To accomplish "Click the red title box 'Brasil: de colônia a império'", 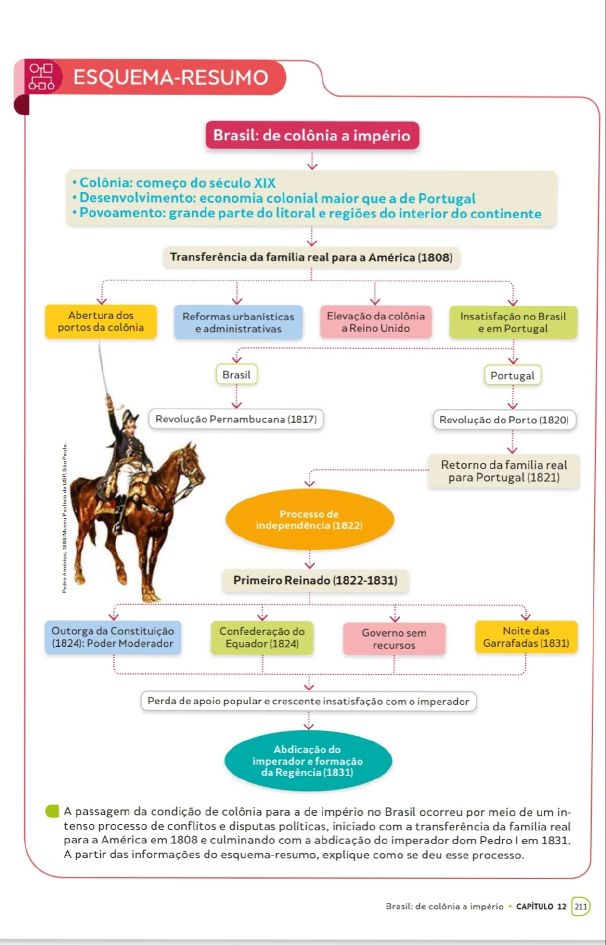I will (x=312, y=136).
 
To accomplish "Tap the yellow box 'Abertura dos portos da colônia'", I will (x=101, y=321).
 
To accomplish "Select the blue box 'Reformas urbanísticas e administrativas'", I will (x=238, y=323).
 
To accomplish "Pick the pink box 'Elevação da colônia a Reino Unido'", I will (x=376, y=322).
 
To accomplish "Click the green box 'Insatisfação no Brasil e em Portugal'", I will (x=513, y=323).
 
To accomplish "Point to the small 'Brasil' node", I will (x=236, y=375).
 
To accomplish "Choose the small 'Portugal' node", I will (x=512, y=375).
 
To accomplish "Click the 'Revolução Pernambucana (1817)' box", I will (x=236, y=419).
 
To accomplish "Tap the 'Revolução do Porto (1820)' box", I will (x=504, y=420).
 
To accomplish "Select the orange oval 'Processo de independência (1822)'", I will (x=310, y=519).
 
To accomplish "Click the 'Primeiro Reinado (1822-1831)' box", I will (x=315, y=580).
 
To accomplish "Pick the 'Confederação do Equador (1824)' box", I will (x=262, y=637).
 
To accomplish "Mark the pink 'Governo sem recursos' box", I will (x=394, y=639).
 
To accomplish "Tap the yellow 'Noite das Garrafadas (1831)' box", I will (x=526, y=637).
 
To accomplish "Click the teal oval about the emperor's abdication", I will (x=308, y=761).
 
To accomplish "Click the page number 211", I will (x=581, y=906).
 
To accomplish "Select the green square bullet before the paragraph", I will (x=53, y=811).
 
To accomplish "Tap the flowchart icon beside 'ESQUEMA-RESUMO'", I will (x=42, y=77).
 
